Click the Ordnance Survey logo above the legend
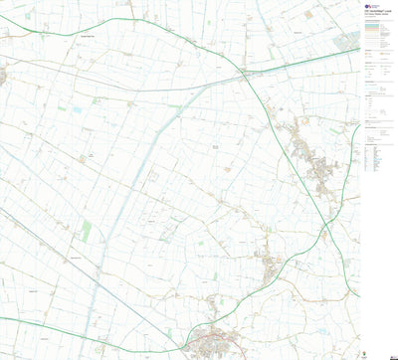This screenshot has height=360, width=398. [x=367, y=7]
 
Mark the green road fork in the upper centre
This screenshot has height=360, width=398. [x=245, y=72]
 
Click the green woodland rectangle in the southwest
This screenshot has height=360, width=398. [x=87, y=231]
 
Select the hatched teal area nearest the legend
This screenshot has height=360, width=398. [x=344, y=43]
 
